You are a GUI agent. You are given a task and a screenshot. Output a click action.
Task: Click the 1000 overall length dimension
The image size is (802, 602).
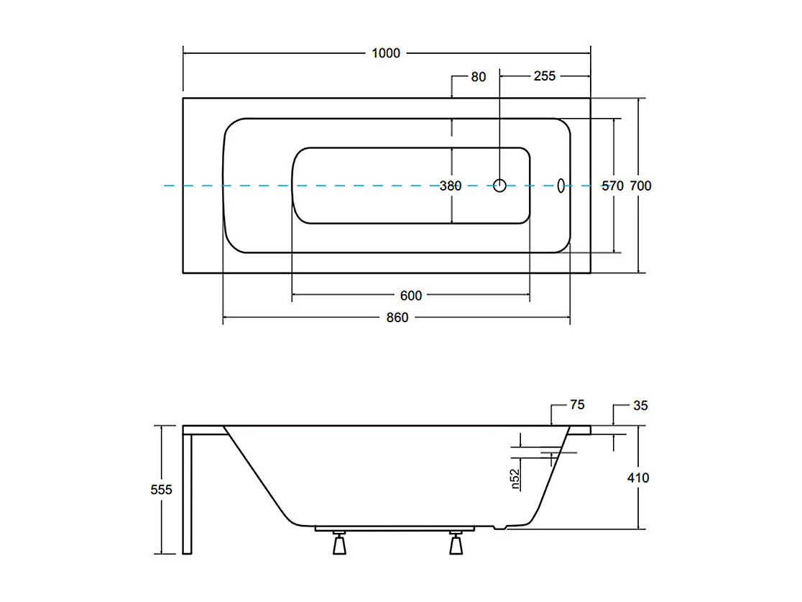click(386, 53)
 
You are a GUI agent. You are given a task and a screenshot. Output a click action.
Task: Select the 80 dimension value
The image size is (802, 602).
click(479, 76)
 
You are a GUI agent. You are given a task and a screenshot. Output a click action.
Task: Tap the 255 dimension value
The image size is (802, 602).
click(545, 76)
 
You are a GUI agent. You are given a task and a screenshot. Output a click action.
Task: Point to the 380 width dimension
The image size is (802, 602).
click(451, 186)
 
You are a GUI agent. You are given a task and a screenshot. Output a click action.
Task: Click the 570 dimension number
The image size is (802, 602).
click(612, 186)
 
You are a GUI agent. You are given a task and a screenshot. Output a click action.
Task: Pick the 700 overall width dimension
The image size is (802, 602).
click(640, 186)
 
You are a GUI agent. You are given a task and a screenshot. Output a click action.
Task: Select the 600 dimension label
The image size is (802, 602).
click(411, 296)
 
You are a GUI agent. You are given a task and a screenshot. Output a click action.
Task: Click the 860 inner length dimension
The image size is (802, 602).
click(397, 317)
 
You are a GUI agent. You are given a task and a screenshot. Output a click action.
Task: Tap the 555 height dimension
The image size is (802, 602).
click(162, 489)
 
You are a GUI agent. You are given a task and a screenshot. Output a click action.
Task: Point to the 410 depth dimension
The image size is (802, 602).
click(638, 478)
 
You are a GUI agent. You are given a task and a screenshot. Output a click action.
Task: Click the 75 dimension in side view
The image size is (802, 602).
click(577, 406)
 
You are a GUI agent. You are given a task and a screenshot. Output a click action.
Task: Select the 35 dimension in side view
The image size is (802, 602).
click(641, 406)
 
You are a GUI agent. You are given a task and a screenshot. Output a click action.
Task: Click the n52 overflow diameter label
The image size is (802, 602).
click(515, 479)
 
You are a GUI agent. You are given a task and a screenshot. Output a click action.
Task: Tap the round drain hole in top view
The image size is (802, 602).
click(500, 186)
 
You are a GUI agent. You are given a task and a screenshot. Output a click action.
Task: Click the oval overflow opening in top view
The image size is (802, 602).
click(562, 186)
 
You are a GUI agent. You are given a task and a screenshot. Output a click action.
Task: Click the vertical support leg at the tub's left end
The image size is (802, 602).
click(188, 493)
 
